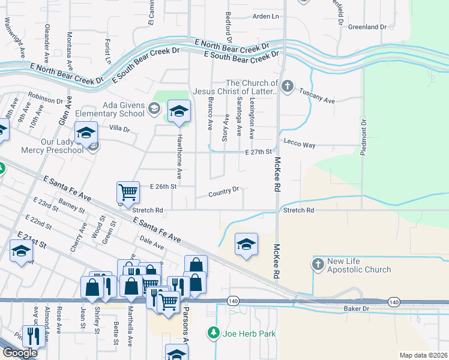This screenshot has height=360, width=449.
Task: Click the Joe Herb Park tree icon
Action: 212,332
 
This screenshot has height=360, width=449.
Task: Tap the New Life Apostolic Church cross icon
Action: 319,263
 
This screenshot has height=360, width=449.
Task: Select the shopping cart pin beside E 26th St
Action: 128,192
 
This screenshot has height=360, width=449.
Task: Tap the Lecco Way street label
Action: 300,145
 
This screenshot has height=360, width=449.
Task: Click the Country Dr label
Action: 224,193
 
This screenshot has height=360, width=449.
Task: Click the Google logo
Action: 20,352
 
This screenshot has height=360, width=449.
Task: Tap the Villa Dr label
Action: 119,128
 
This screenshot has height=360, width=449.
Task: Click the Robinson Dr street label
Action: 45,97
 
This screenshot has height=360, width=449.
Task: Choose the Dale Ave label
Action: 151,242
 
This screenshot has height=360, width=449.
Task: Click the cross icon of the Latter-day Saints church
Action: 287,87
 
